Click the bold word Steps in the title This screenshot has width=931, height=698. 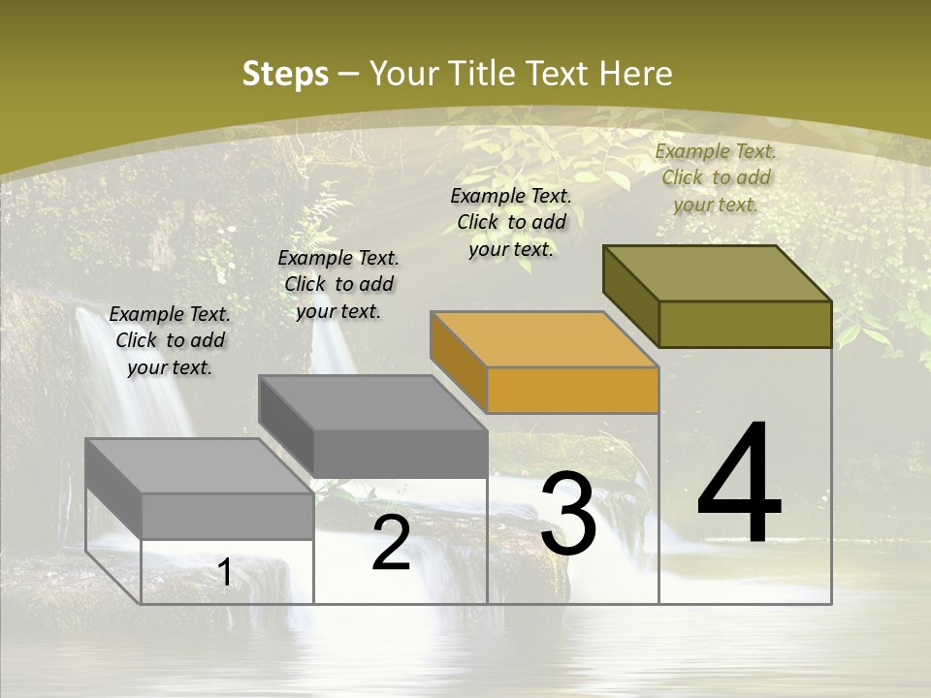pos(285,74)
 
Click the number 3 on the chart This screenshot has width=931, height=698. pos(567,515)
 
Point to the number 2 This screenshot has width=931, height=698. pos(391,544)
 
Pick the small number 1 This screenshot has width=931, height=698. pos(225,573)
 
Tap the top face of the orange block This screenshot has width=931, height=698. pos(545,340)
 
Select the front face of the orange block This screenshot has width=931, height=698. pos(572,391)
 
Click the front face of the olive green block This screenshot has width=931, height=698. pos(745,324)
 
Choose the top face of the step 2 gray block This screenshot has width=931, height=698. pos(372,403)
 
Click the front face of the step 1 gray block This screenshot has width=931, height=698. pos(227,516)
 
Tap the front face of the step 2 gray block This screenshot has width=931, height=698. pos(400,454)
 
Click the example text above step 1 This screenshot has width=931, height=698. pos(170,340)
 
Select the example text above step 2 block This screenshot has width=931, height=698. pos(338,284)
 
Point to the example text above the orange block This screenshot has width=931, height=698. pos(511,222)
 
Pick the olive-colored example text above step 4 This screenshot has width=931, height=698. pos(716,177)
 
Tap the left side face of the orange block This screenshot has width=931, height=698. pos(458,362)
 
